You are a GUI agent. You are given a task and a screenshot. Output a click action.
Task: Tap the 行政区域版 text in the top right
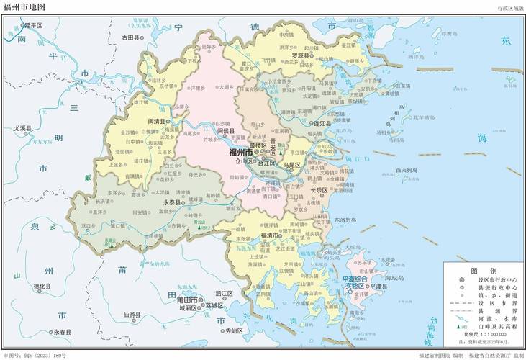pyautogui.click(x=510, y=6)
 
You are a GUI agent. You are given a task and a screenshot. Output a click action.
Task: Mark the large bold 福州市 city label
pyautogui.click(x=240, y=153)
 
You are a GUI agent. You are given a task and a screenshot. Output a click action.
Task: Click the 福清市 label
pyautogui.click(x=271, y=235)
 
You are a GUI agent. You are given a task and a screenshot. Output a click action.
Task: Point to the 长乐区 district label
pyautogui.click(x=318, y=190)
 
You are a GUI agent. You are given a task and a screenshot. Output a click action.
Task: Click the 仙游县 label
pyautogui.click(x=132, y=315)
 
